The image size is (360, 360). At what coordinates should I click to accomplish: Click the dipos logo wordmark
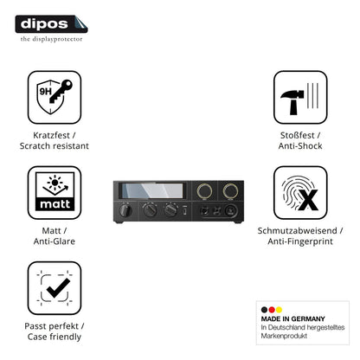click(x=44, y=24)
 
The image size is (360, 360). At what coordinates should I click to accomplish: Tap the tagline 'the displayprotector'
click(x=51, y=39)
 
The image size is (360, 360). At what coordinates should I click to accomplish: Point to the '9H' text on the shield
click(x=45, y=92)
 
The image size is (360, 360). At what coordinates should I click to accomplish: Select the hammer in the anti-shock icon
click(x=292, y=101)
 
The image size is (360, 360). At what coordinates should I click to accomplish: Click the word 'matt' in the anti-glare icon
click(x=55, y=204)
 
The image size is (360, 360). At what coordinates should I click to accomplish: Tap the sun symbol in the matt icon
click(x=55, y=183)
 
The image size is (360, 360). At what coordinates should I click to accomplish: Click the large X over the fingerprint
click(x=308, y=200)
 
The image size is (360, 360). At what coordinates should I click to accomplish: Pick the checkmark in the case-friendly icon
click(x=58, y=287)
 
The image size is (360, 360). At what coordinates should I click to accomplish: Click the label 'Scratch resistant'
click(x=55, y=146)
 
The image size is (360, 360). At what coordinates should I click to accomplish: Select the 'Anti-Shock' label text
click(x=300, y=146)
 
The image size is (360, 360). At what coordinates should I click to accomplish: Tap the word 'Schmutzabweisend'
click(x=297, y=231)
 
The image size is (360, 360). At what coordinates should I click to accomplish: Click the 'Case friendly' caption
click(x=55, y=337)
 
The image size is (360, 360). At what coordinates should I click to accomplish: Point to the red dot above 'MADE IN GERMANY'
click(x=272, y=310)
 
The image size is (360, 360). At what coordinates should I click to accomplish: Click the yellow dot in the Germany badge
click(x=279, y=310)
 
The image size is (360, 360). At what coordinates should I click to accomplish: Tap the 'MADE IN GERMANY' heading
click(x=292, y=318)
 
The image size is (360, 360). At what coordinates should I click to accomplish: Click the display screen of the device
click(x=152, y=190)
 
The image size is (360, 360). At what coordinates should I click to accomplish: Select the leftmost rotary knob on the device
click(x=125, y=209)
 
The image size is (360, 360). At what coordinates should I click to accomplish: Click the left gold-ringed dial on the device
click(x=204, y=191)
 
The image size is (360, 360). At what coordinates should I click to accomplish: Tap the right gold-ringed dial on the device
click(x=230, y=191)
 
